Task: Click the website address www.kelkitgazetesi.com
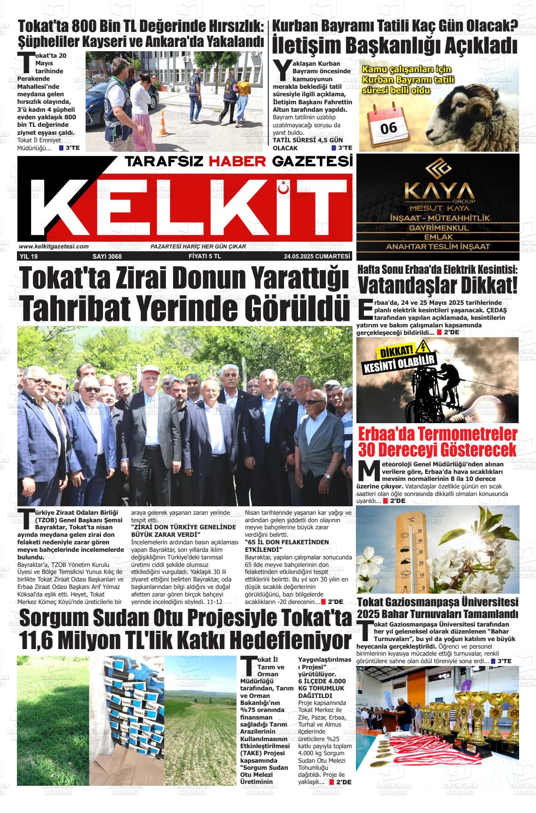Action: (x=54, y=246)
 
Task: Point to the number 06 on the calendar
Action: (x=389, y=127)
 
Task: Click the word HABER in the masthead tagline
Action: (x=238, y=162)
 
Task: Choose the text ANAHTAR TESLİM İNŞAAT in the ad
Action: (x=438, y=247)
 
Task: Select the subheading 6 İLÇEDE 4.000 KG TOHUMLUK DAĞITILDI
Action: (x=324, y=688)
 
